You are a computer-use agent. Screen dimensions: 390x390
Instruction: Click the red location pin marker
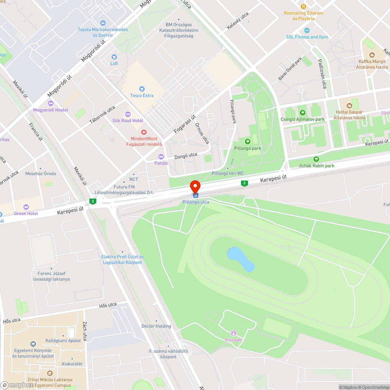195,186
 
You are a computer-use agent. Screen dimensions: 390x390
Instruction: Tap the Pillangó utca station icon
195,195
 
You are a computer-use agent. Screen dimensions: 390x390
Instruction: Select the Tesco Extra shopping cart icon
142,89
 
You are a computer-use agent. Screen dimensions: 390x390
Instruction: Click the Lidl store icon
114,57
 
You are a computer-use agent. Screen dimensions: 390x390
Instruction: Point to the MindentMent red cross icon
144,133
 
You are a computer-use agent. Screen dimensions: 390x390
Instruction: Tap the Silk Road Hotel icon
128,114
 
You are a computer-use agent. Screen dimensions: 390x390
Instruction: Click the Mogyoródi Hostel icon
50,103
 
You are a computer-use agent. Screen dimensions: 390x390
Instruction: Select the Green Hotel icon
26,207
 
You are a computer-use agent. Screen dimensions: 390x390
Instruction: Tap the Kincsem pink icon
234,333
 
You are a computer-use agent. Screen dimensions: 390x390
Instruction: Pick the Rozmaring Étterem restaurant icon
303,6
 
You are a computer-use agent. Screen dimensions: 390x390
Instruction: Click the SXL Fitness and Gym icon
307,30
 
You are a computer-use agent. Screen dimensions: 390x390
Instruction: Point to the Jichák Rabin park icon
316,159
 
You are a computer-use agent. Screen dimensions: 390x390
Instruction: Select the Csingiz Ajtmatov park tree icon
302,113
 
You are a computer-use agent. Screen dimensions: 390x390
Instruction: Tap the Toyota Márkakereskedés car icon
103,23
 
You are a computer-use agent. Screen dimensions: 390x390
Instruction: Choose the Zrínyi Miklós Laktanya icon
50,373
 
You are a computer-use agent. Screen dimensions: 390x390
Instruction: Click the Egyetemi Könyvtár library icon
33,344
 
